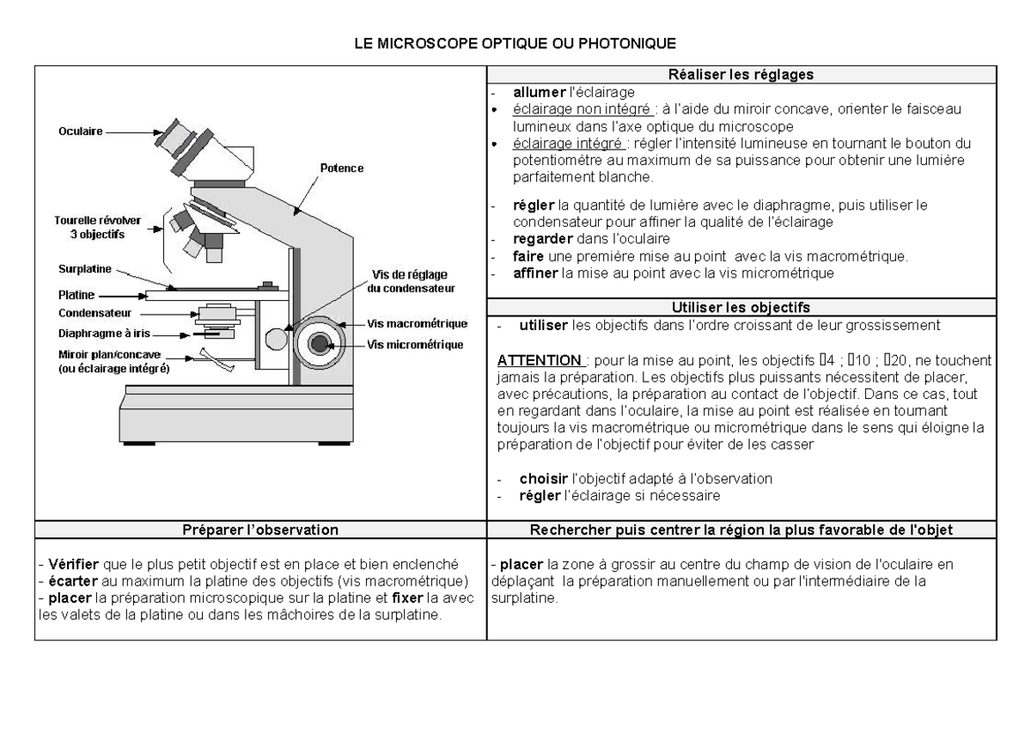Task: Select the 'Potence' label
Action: coord(342,168)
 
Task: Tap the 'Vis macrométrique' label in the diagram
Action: coord(416,324)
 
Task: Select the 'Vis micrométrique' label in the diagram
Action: coord(415,345)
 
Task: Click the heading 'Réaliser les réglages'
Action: coord(741,75)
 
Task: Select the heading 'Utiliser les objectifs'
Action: coord(741,307)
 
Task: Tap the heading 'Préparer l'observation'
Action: coord(260,530)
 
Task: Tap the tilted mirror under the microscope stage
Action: coord(215,358)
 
